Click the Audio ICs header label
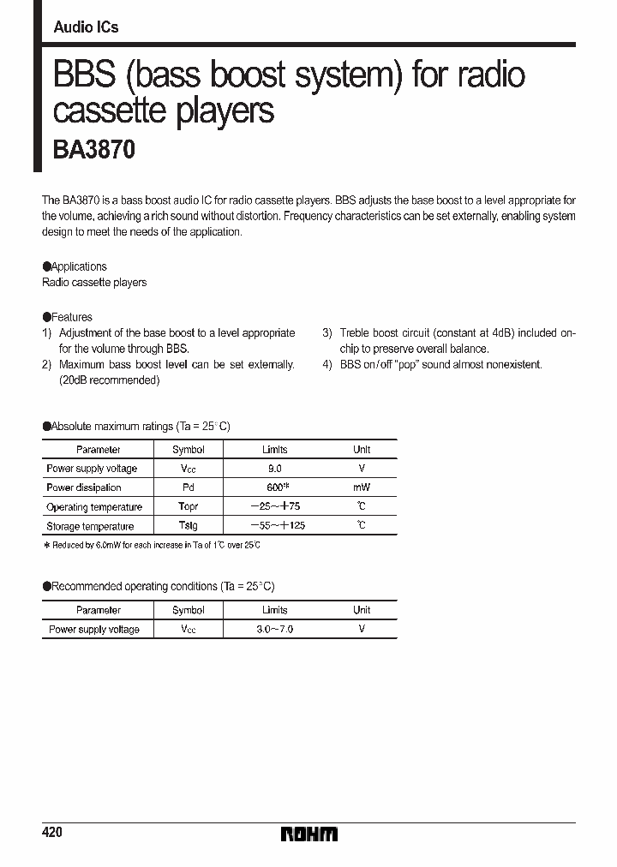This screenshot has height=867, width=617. coord(86,27)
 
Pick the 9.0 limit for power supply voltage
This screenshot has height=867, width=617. coord(274,469)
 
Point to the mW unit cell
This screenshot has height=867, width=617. coord(362,487)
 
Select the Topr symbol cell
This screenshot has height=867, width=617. coord(188,507)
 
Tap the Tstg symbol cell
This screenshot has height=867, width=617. coord(188,526)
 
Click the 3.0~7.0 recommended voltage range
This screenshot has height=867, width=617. coord(274,629)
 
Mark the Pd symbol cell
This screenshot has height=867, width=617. coord(188,487)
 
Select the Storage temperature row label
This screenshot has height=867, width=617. coord(90,526)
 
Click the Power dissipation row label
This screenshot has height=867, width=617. coord(84,487)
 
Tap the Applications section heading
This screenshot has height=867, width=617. coord(75,266)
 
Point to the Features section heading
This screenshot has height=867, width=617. coord(68,317)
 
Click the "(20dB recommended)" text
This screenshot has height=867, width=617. coord(110,380)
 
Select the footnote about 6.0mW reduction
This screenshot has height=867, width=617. coord(152,545)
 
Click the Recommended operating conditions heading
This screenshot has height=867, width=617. coord(159,586)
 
